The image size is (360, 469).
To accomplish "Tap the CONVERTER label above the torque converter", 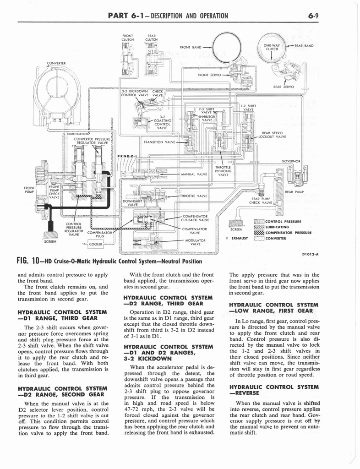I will [56, 63].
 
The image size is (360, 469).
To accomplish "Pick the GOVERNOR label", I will [291, 161].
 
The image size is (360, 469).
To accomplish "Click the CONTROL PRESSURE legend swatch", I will [259, 221].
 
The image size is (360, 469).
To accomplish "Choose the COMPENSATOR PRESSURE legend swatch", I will [259, 232].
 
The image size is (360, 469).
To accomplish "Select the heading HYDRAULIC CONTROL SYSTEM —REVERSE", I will [273, 390].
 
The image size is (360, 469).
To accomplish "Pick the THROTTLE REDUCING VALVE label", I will [223, 171].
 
